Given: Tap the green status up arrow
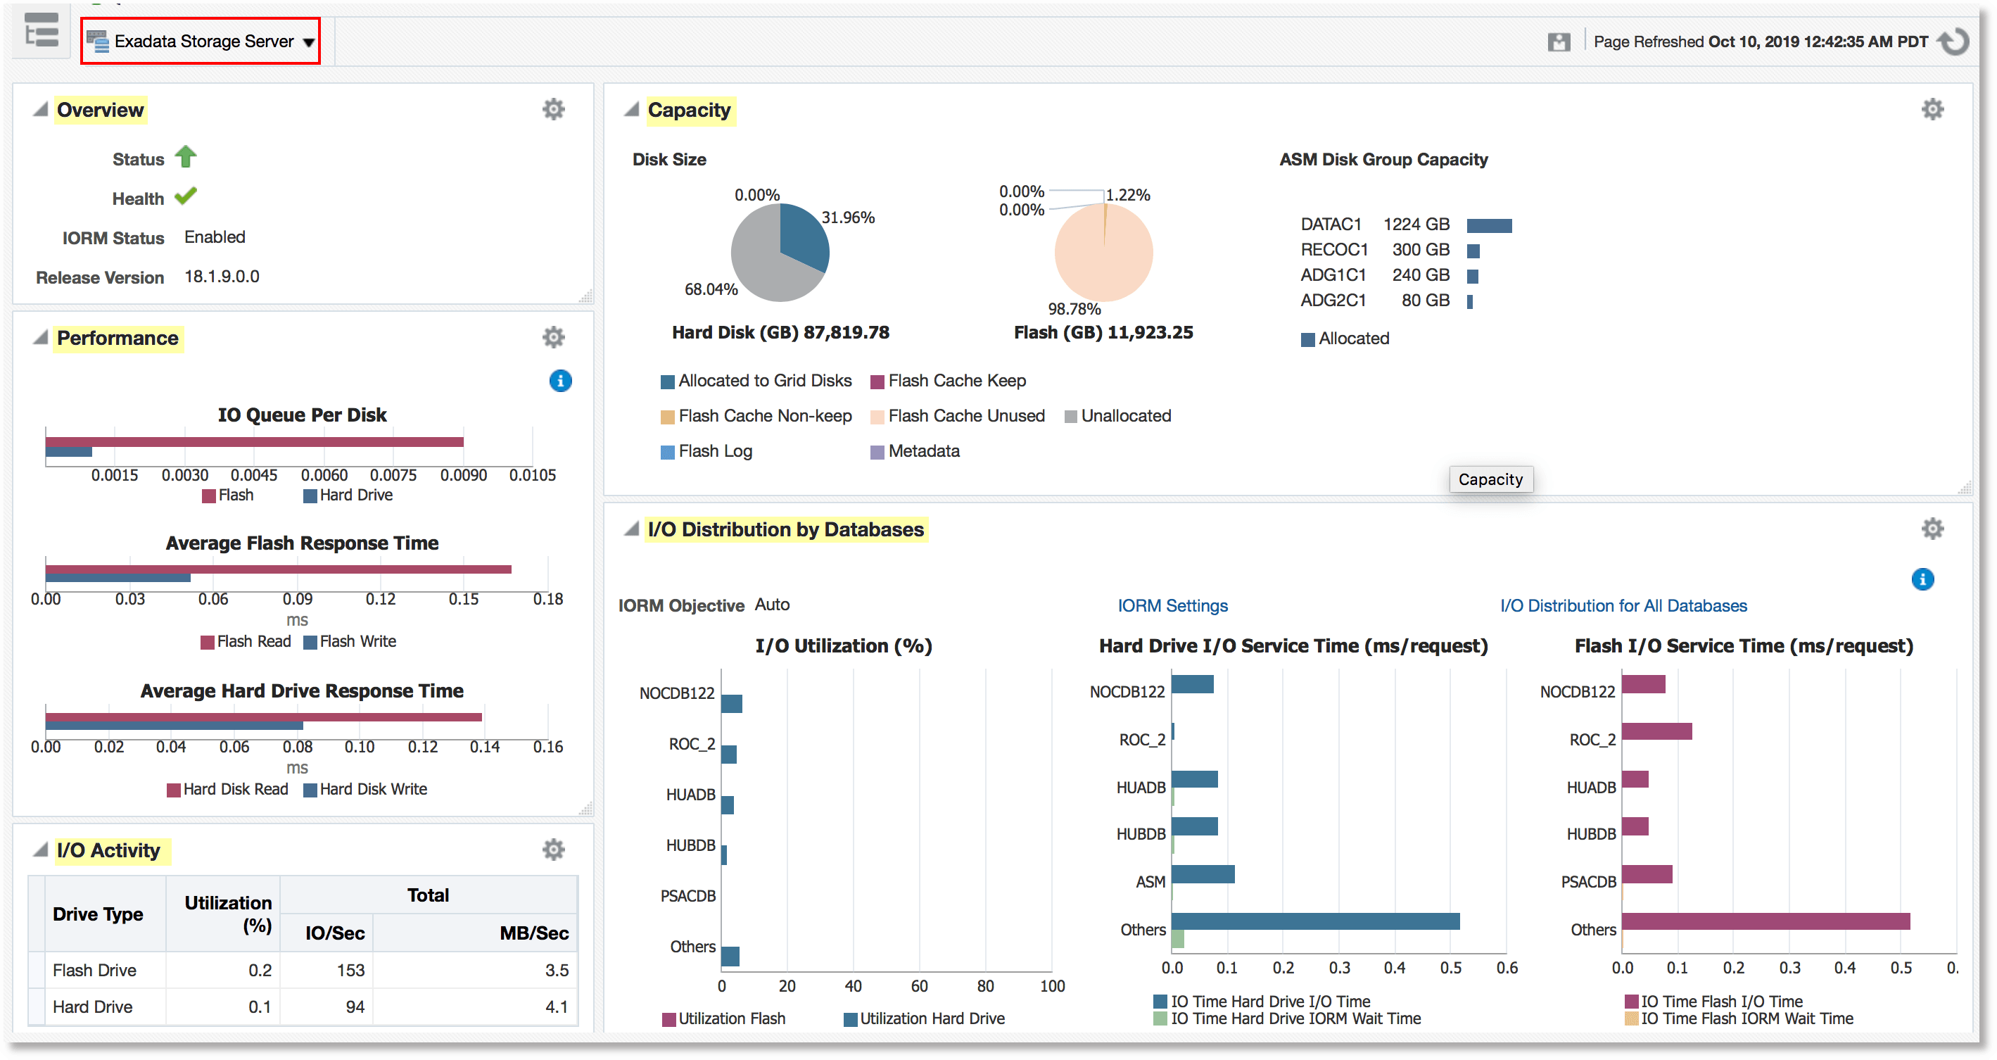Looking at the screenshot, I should tap(186, 158).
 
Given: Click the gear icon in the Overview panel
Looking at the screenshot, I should tap(554, 109).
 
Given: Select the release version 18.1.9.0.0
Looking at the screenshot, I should tap(222, 277).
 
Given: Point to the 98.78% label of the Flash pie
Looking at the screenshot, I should tap(1074, 308).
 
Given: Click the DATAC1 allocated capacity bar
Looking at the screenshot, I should tap(1488, 226).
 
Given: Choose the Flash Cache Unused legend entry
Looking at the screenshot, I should tap(966, 417).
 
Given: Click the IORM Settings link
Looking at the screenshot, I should tap(1172, 605).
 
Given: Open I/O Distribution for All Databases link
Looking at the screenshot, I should tap(1623, 605).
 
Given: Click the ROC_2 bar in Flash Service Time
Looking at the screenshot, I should tap(1656, 731).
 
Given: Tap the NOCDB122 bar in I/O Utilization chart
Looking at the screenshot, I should tap(731, 703).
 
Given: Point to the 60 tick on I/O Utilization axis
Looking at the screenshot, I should tap(920, 986).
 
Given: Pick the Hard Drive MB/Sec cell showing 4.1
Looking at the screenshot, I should tap(556, 1007).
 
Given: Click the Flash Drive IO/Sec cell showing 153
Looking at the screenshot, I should tap(350, 970).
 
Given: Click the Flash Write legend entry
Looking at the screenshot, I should tap(357, 642).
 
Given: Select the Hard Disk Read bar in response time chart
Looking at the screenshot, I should tap(264, 717).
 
